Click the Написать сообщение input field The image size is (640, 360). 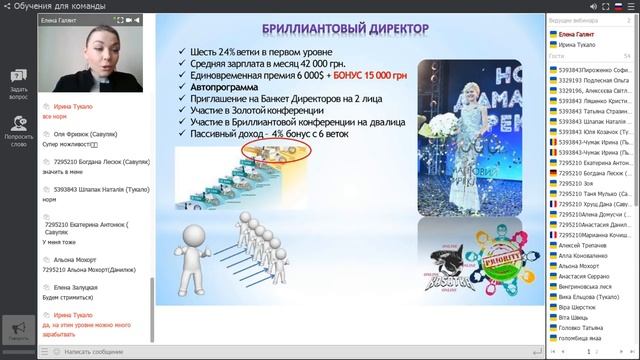(200, 352)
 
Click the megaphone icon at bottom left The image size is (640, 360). (18, 329)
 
